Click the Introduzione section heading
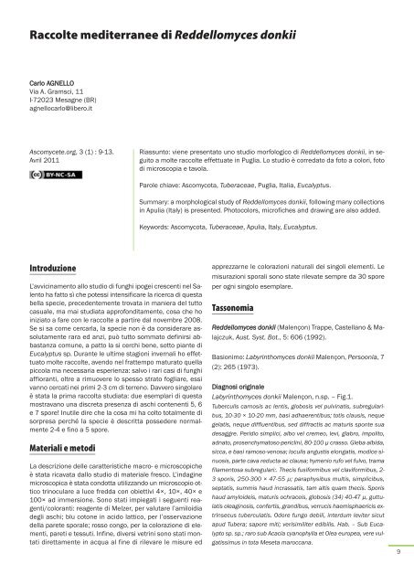click(55, 244)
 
